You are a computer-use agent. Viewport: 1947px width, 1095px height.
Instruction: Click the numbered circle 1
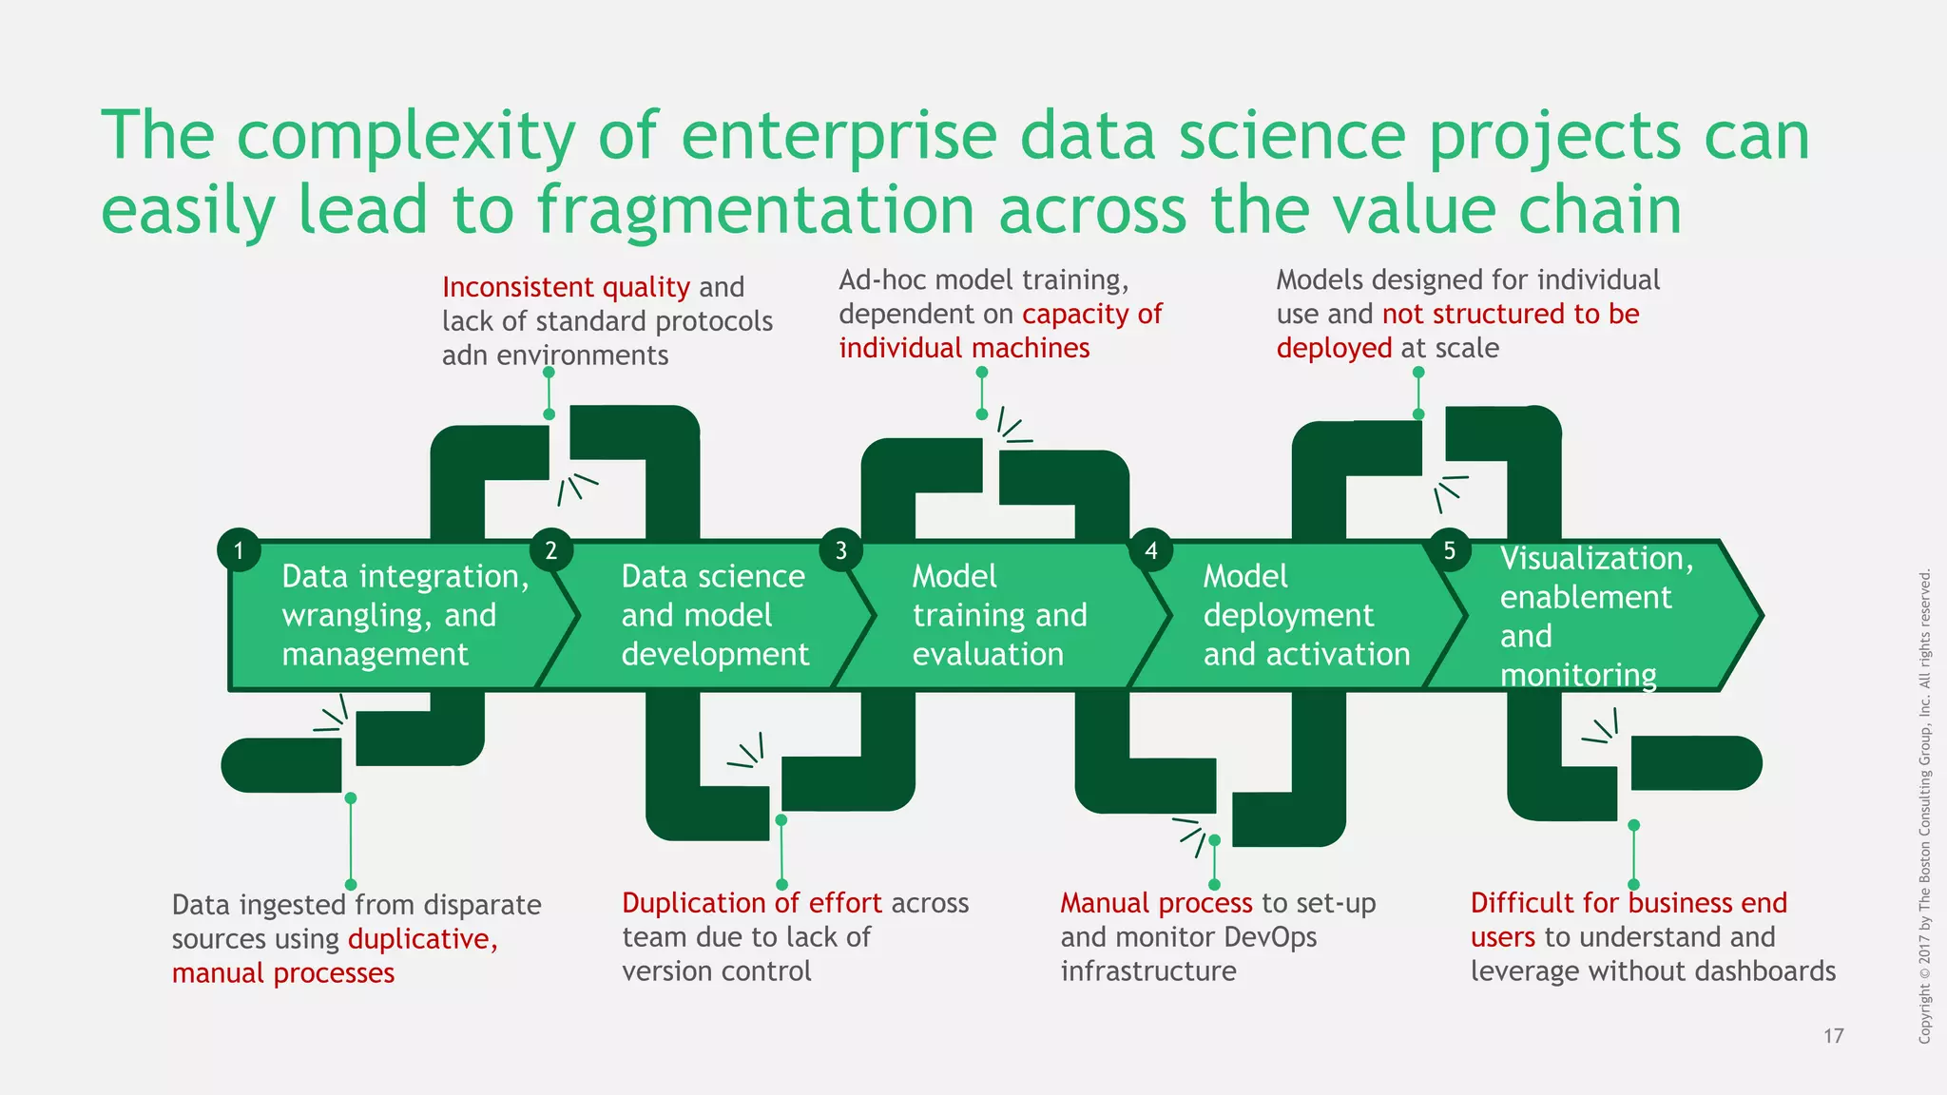239,549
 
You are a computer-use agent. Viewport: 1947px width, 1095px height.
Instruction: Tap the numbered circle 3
840,549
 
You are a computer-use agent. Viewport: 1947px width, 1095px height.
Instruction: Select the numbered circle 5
1449,549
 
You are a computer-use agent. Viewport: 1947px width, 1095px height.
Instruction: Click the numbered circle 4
1150,549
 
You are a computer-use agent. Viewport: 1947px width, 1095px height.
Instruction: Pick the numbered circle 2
550,549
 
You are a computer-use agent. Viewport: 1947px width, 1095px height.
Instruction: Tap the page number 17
1833,1036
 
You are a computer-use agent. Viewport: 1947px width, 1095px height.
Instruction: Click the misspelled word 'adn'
465,355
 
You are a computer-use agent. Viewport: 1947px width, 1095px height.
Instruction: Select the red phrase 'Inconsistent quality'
566,287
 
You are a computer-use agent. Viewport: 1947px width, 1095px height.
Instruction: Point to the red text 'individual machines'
964,348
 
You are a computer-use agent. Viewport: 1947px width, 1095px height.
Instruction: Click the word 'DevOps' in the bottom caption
1270,937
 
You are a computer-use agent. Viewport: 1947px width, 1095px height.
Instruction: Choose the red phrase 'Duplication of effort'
751,903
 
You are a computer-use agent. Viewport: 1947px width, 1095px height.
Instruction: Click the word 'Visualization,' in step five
1596,558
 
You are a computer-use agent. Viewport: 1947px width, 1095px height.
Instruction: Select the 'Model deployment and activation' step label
1305,615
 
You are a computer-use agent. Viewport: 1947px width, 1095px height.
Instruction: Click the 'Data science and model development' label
714,615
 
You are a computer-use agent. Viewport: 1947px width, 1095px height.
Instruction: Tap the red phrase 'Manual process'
1156,903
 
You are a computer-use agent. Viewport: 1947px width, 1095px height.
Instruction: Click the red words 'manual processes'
282,973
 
